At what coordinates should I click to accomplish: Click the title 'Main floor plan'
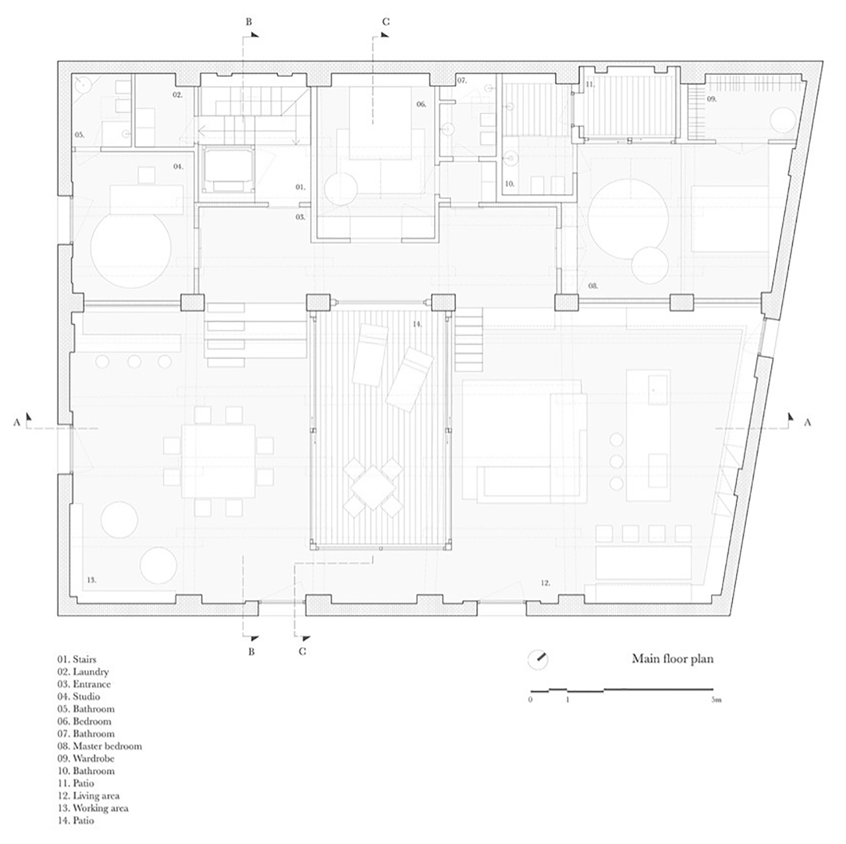[x=672, y=658]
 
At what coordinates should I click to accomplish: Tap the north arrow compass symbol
[x=538, y=660]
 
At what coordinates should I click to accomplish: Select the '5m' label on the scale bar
[x=716, y=700]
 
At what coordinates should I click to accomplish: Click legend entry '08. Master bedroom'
[x=100, y=746]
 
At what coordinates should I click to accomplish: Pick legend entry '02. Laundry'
[x=83, y=672]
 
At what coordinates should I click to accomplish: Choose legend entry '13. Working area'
[x=93, y=808]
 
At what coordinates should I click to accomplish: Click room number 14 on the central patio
[x=417, y=324]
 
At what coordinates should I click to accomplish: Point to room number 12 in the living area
[x=545, y=583]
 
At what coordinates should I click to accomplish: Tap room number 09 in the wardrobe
[x=712, y=99]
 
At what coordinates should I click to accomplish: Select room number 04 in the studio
[x=178, y=166]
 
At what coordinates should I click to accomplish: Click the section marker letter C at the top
[x=386, y=22]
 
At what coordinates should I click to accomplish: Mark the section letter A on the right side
[x=807, y=422]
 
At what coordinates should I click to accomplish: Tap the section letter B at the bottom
[x=251, y=651]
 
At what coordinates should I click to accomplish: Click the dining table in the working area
[x=218, y=461]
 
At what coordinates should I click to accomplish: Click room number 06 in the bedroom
[x=422, y=104]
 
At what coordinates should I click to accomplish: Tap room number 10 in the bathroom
[x=509, y=184]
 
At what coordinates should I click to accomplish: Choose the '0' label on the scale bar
[x=530, y=700]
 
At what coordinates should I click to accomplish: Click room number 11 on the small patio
[x=590, y=85]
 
